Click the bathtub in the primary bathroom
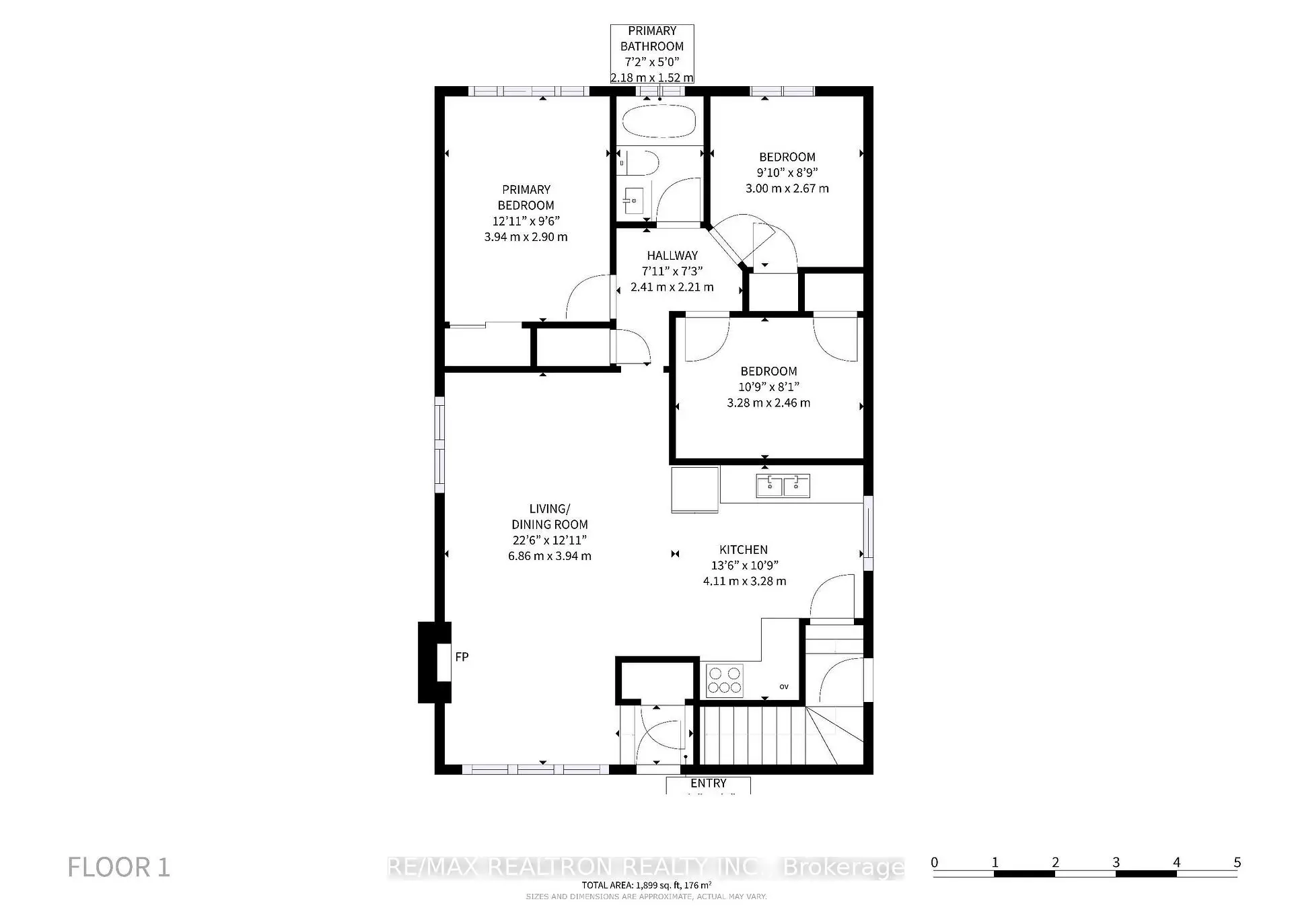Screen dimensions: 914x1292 659,121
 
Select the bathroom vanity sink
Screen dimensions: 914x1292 632,199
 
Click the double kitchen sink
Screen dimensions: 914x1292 783,485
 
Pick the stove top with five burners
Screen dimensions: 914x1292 725,680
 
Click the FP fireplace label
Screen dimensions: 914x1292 462,657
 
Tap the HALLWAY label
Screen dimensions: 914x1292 672,256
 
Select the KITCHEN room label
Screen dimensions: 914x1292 744,550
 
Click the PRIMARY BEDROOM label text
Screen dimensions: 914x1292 526,198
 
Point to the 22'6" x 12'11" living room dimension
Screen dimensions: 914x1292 549,540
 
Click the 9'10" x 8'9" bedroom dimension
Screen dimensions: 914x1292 787,173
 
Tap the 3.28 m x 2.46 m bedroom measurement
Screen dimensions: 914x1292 768,403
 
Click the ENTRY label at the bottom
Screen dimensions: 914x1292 708,783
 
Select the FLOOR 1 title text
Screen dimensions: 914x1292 119,868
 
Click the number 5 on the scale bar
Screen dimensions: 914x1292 1237,862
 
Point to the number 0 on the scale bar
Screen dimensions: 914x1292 935,862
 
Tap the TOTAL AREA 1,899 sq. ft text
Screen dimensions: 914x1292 646,886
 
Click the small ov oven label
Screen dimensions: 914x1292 784,687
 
